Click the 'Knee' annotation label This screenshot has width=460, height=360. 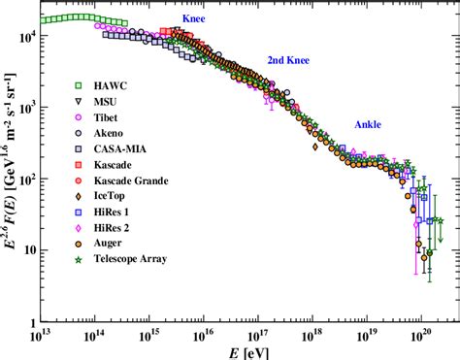[194, 18]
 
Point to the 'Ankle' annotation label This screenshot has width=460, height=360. [367, 124]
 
